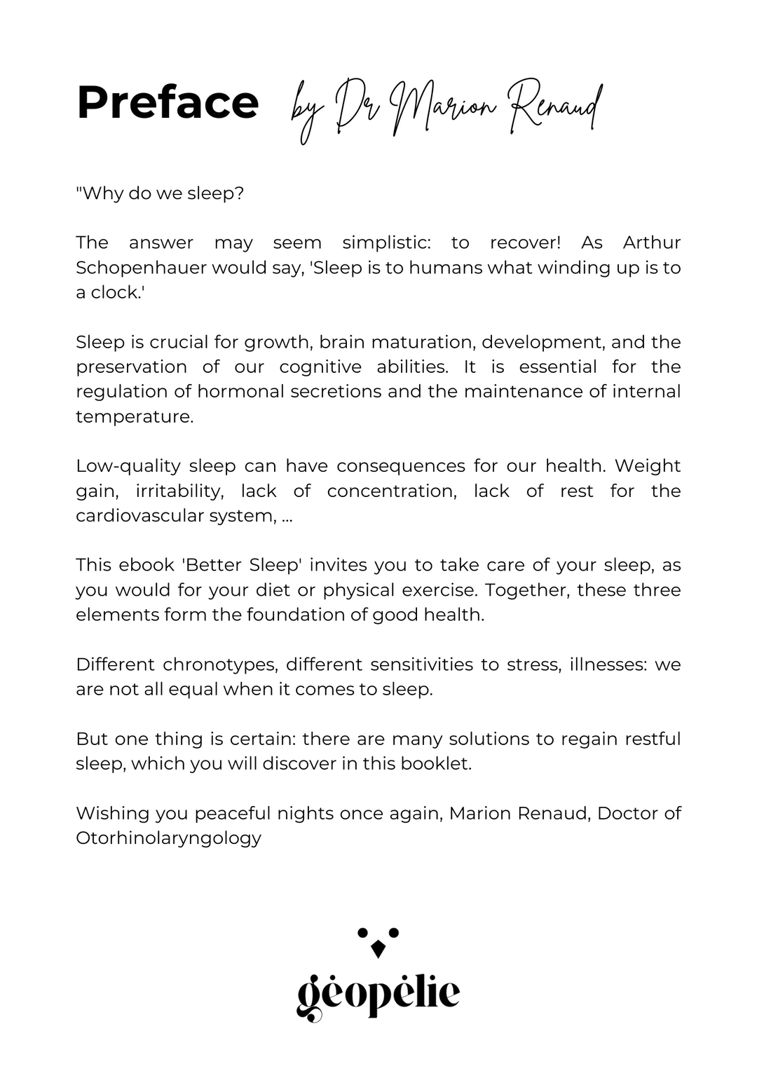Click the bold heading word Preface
(x=168, y=103)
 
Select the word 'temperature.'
(x=135, y=416)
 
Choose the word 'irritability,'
(x=179, y=491)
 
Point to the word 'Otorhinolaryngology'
(x=168, y=838)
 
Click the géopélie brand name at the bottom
(x=378, y=993)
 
